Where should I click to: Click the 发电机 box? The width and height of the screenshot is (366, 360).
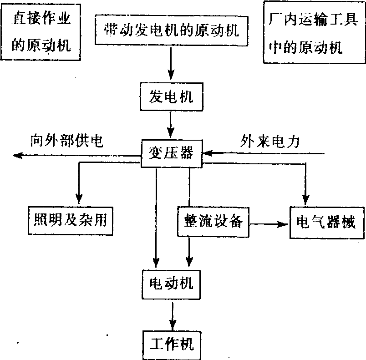[171, 96]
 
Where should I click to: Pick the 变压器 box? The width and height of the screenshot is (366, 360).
[171, 154]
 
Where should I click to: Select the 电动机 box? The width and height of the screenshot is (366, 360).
[172, 284]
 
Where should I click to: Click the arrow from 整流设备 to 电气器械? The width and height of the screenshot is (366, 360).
[269, 223]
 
